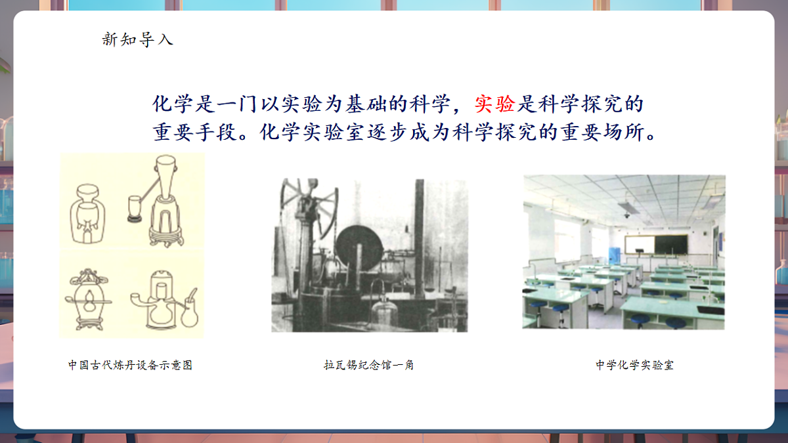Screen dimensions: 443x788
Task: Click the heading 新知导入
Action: tap(137, 39)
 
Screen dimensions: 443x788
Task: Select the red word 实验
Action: tap(494, 104)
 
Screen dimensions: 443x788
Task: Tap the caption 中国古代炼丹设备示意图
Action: tap(130, 365)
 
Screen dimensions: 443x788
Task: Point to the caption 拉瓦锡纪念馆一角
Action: tap(368, 365)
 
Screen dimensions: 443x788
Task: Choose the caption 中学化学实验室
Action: tap(634, 365)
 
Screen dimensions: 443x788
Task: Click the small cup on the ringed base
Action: tap(135, 206)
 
